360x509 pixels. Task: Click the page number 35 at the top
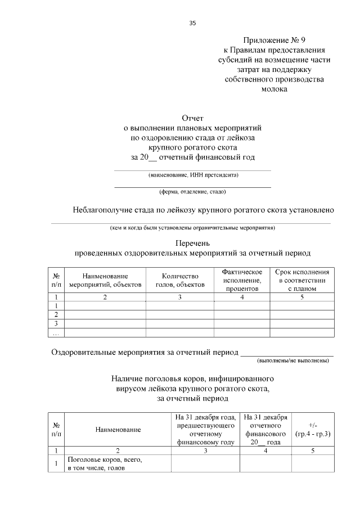click(193, 23)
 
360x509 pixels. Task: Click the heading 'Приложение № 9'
click(274, 40)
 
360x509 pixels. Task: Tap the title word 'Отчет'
click(192, 118)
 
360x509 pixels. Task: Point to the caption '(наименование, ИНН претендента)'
click(193, 175)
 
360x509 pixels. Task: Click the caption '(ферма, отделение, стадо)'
click(193, 191)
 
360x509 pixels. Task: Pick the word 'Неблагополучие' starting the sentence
click(101, 210)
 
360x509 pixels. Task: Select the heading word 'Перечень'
click(192, 244)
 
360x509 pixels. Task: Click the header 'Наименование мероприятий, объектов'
click(105, 280)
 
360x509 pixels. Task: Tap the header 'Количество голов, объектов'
click(180, 280)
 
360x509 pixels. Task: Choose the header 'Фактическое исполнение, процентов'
click(242, 280)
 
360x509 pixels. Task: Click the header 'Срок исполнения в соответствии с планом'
click(302, 280)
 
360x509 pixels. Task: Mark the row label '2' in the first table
click(56, 314)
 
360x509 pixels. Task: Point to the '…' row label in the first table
click(56, 333)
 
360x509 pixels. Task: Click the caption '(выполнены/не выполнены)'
click(292, 360)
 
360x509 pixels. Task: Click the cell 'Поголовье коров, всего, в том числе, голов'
click(104, 463)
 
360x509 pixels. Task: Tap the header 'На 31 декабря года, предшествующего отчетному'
click(205, 430)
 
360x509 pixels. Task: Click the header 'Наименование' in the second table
click(118, 430)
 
